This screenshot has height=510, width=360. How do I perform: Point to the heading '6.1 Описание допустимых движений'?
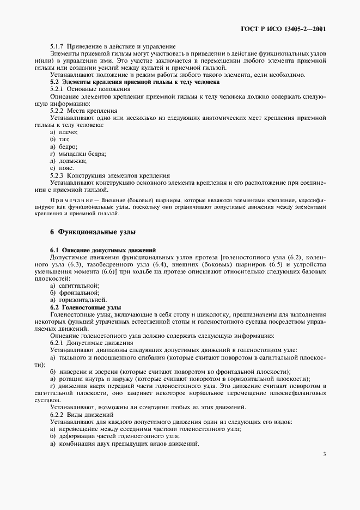pos(103,249)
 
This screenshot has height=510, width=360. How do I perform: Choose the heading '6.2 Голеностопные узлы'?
pos(82,307)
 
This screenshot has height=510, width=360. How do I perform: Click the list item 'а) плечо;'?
pos(64,132)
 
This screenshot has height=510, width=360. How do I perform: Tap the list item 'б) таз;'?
pos(59,139)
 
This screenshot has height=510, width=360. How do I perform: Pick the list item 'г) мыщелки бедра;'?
pos(77,154)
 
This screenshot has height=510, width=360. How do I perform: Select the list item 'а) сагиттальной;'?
pos(74,286)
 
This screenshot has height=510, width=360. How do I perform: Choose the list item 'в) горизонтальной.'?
pos(78,300)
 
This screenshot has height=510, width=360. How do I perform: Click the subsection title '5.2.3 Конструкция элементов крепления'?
pos(110,175)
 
